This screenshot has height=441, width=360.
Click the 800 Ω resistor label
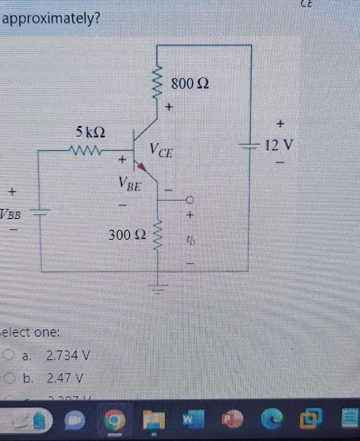(x=190, y=83)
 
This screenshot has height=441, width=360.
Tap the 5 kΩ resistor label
(x=90, y=132)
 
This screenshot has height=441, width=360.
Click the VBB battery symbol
(x=41, y=211)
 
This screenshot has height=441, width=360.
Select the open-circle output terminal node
(x=190, y=200)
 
